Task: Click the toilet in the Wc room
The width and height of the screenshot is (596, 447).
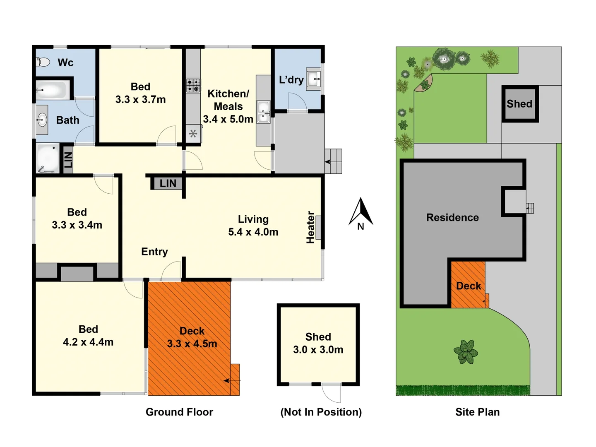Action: (43, 62)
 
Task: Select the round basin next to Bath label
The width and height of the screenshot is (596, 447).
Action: (41, 120)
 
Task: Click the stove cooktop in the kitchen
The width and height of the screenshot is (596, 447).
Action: (193, 85)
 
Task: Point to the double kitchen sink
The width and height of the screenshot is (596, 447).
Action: (263, 112)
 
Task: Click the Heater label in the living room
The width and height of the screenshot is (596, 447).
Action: (310, 227)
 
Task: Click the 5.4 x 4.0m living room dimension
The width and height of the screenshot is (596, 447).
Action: (253, 232)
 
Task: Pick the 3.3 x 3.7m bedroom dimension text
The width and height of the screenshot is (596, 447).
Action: (140, 99)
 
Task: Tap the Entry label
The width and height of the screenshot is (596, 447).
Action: (154, 252)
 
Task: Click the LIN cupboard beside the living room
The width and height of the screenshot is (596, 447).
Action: (167, 183)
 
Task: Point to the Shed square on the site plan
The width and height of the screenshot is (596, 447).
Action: (520, 104)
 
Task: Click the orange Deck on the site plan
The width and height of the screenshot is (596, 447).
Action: (468, 286)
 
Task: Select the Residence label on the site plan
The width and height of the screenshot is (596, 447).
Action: (452, 218)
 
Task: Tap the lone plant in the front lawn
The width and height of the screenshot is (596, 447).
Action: (466, 352)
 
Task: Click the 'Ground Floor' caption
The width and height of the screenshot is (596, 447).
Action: (179, 412)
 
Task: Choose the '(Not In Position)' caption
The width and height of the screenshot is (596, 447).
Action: (321, 412)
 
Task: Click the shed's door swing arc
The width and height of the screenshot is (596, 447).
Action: (332, 394)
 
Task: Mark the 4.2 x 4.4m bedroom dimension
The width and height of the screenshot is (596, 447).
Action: (88, 342)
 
